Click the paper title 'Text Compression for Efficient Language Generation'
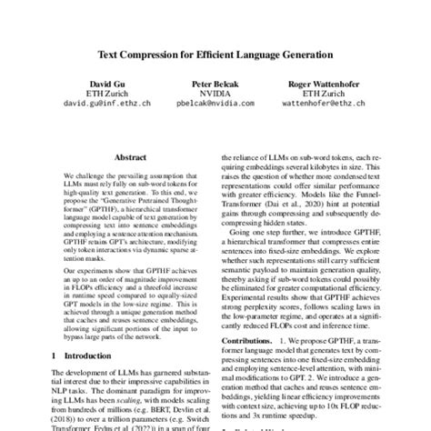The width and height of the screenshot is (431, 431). click(x=215, y=55)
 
